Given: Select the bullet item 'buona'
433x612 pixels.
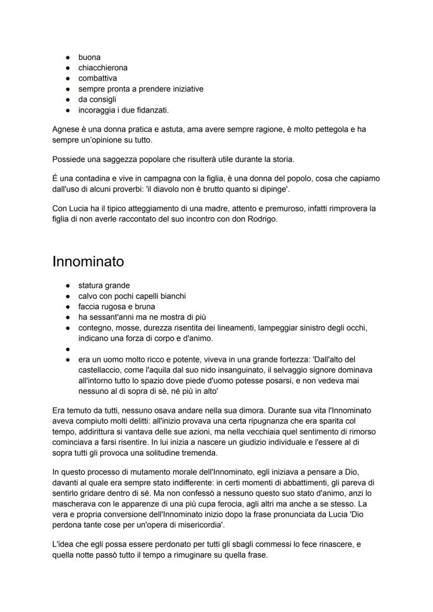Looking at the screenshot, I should pos(89,57).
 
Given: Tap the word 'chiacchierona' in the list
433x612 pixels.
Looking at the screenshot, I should pos(103,68).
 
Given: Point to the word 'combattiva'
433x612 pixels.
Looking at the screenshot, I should pos(97,78).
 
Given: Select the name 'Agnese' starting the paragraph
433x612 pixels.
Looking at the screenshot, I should pos(65,129).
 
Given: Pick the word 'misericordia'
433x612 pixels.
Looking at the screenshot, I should pos(199,524).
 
